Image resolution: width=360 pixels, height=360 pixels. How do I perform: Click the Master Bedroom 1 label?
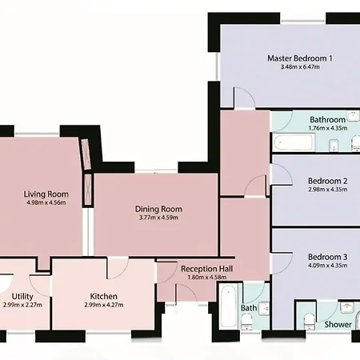coord(300,58)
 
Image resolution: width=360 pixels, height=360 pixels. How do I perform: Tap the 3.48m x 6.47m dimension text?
coord(300,67)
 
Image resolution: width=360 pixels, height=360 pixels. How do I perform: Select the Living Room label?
coord(46,194)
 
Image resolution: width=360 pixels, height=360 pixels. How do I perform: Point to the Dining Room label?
coord(158,209)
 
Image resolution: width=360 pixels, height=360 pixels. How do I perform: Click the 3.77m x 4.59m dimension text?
coord(158,218)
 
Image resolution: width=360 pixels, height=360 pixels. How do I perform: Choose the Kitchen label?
coord(104,296)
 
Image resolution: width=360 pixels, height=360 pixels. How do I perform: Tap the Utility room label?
coord(22,297)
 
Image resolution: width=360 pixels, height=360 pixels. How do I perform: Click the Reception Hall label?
coord(207,269)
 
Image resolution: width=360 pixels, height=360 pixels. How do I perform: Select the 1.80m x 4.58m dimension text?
coord(207,278)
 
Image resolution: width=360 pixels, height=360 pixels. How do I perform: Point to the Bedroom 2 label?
coord(328,181)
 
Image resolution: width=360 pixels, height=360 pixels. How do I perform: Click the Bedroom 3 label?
coord(328,257)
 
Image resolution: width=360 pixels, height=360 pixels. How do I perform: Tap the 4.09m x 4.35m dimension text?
coord(328,266)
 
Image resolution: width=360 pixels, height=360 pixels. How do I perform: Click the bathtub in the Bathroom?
coord(294,142)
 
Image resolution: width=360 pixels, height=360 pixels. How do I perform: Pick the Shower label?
coord(338,325)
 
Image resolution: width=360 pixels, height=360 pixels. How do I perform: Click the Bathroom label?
coord(328,119)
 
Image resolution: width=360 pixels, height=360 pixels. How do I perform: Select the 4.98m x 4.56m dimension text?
coord(46,202)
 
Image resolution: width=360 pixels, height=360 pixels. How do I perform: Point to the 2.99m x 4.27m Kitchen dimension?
coord(104,305)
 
